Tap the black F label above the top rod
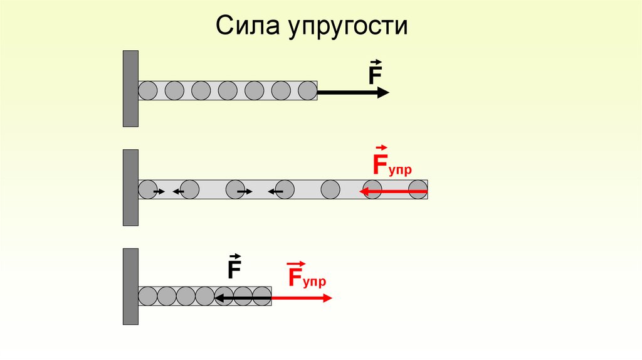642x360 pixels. pyautogui.click(x=375, y=74)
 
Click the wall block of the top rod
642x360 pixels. pyautogui.click(x=130, y=89)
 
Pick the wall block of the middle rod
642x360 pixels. pyautogui.click(x=130, y=188)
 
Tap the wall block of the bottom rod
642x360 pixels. pyautogui.click(x=130, y=287)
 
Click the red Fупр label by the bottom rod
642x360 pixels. pyautogui.click(x=307, y=277)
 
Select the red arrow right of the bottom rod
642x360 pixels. pyautogui.click(x=302, y=299)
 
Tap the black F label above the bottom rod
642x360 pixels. pyautogui.click(x=234, y=268)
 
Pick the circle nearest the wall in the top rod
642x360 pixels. pyautogui.click(x=147, y=91)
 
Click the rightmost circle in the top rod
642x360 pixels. pyautogui.click(x=307, y=91)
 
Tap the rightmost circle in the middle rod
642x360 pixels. pyautogui.click(x=418, y=189)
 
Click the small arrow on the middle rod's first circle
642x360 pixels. pyautogui.click(x=159, y=191)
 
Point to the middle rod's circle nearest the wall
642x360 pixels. pyautogui.click(x=147, y=189)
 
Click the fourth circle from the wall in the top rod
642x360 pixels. pyautogui.click(x=228, y=91)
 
